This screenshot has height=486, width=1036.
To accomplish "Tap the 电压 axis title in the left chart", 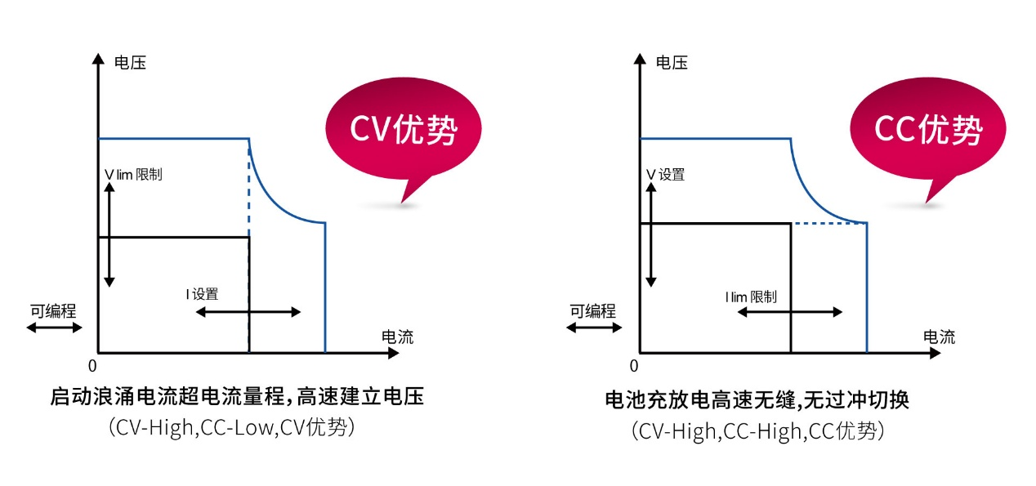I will coord(130,62).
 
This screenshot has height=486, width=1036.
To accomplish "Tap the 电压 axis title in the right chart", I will coord(672,62).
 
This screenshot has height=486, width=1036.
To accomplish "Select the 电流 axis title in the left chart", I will coord(397,337).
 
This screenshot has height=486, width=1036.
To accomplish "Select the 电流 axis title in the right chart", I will coord(939,337).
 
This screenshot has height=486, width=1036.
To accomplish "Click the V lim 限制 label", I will coord(133,175).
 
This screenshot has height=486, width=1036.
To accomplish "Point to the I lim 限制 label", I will coord(750,297).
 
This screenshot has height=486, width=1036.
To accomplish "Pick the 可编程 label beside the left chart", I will coord(54,310).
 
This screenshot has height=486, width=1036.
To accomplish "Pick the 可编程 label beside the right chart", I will coord(592,310).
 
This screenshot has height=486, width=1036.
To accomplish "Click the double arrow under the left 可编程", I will coord(55,328).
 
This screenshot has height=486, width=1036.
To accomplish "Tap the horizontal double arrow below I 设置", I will coord(248,312).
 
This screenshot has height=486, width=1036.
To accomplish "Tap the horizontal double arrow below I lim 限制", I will coord(789,312).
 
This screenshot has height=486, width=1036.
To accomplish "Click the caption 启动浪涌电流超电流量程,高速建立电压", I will coord(237,398).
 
